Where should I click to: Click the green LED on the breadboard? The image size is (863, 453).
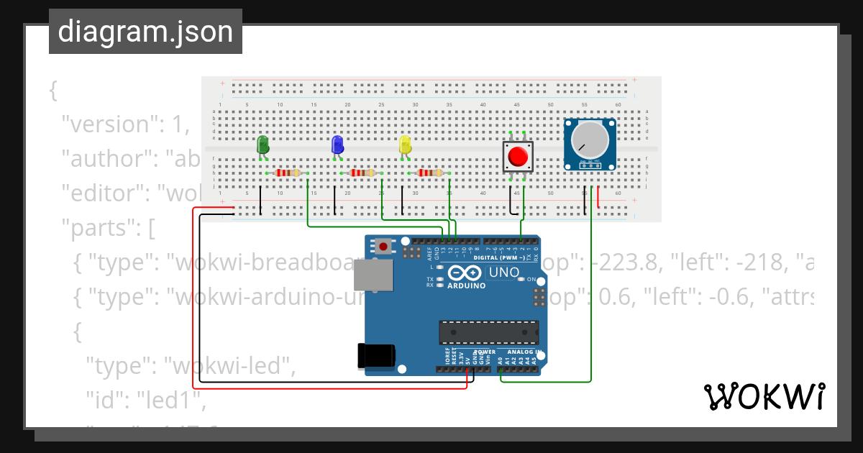pyautogui.click(x=263, y=144)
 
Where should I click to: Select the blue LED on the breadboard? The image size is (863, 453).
pyautogui.click(x=337, y=145)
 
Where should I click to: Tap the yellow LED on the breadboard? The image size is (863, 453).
pyautogui.click(x=405, y=144)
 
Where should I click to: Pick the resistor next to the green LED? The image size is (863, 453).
pyautogui.click(x=287, y=173)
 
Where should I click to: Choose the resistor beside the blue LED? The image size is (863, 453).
pyautogui.click(x=361, y=173)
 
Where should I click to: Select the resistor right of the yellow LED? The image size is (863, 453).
pyautogui.click(x=429, y=173)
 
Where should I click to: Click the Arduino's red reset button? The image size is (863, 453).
pyautogui.click(x=384, y=247)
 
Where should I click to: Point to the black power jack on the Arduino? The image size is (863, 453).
pyautogui.click(x=375, y=356)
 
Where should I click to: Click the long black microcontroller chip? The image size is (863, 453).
pyautogui.click(x=488, y=332)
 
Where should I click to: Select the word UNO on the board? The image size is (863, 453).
pyautogui.click(x=504, y=273)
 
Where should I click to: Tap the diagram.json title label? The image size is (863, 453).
pyautogui.click(x=145, y=32)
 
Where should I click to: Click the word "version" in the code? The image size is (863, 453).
pyautogui.click(x=109, y=124)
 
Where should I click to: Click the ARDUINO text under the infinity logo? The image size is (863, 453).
pyautogui.click(x=465, y=285)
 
